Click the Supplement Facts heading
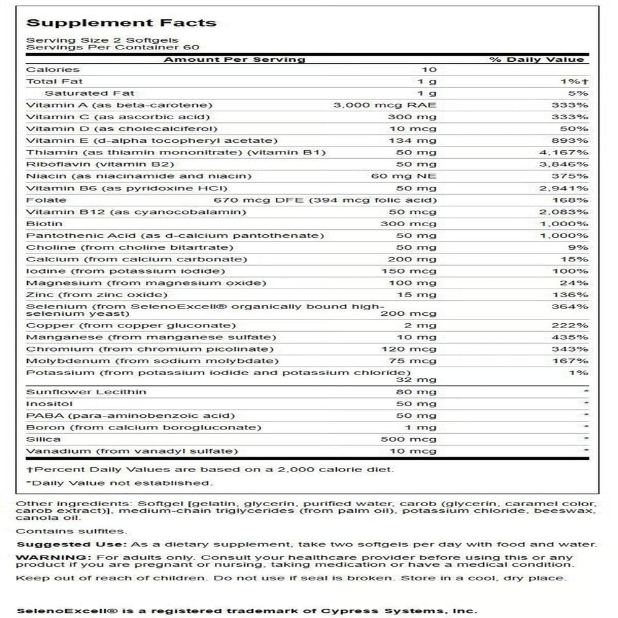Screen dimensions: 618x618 tap(121, 23)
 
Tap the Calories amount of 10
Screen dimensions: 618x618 tap(429, 70)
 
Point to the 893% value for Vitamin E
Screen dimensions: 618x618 tap(571, 140)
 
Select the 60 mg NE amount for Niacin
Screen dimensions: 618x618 tap(411, 176)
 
